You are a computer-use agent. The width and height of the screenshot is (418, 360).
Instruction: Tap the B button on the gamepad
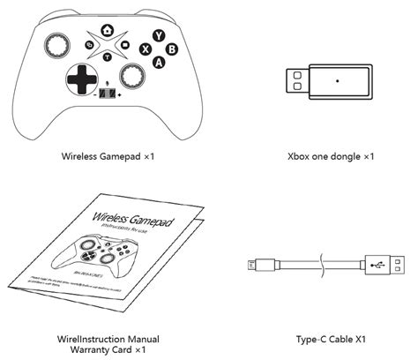(x=171, y=49)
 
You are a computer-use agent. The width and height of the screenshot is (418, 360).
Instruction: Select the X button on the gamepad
(x=145, y=49)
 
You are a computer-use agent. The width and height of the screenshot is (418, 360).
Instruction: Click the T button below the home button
(x=107, y=56)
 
